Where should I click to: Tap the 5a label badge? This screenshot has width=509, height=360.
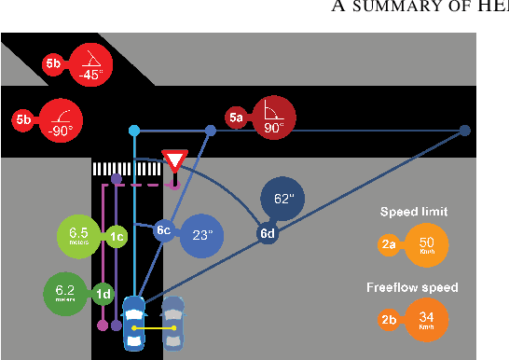pos(237,118)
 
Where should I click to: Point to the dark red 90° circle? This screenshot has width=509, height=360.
pos(273,118)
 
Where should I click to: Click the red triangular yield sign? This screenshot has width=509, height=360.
pos(174,159)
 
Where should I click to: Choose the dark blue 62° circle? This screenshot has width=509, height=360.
pos(283,199)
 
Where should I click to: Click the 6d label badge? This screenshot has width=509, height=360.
pos(268,233)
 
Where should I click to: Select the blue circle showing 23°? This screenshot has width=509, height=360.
pos(202,235)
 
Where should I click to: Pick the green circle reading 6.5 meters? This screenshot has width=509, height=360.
pos(79,236)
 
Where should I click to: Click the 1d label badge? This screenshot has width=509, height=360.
pos(104,295)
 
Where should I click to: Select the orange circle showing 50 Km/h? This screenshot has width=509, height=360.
pos(427,246)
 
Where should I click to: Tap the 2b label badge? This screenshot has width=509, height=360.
pos(390,320)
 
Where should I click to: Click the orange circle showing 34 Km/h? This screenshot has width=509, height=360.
pos(426,320)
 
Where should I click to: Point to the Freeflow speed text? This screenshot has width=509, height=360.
pos(413,286)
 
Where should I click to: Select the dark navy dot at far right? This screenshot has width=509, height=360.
pos(464,131)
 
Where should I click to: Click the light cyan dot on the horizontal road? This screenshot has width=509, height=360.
pos(134,131)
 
